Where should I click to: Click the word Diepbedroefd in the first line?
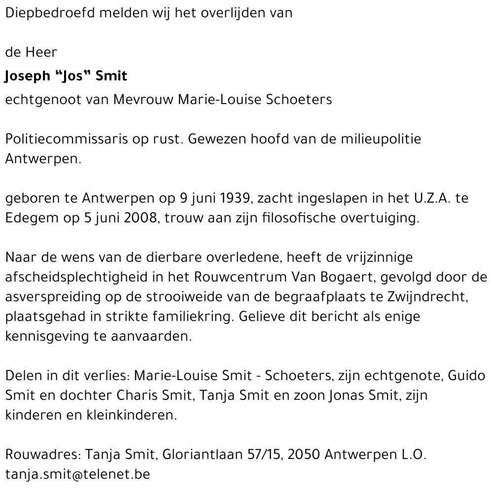[50, 13]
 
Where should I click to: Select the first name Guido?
[467, 376]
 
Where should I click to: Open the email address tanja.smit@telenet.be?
[77, 474]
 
